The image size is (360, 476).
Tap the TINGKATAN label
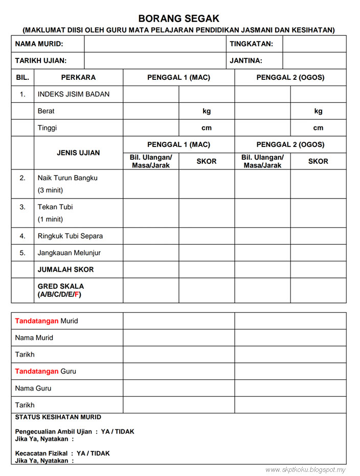[x=251, y=44]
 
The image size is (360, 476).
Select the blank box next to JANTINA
[x=314, y=60]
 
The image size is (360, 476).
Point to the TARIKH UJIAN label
[x=41, y=60]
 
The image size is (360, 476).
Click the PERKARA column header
[x=78, y=78]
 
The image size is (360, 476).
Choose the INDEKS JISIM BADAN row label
[x=73, y=94]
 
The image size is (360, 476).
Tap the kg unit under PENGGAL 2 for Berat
[x=318, y=111]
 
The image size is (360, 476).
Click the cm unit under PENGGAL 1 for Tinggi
[x=207, y=128]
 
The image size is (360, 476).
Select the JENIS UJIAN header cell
[x=78, y=153]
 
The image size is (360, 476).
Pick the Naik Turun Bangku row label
[x=67, y=178]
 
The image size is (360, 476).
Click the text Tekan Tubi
[x=55, y=207]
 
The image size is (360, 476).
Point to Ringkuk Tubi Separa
[x=70, y=236]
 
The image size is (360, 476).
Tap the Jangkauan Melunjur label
[x=69, y=253]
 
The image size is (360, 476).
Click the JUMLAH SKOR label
[x=65, y=269]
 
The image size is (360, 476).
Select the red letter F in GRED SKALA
[x=77, y=295]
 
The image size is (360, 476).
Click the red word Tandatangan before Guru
[x=37, y=371]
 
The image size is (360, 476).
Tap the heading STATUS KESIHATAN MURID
[x=58, y=417]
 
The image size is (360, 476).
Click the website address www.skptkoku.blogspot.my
[x=305, y=470]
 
